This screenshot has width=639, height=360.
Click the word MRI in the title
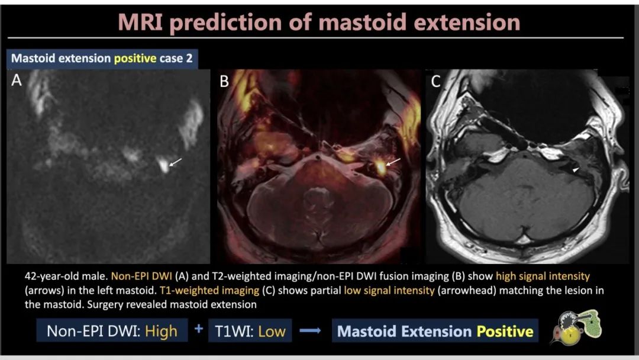pos(140,22)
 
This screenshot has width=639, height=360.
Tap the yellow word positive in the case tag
pos(135,58)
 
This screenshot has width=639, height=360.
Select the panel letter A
pos(17,81)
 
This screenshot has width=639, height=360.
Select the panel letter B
pos(224,82)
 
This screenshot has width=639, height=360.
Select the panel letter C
pos(435,82)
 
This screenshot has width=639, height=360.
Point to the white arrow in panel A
pos(175,162)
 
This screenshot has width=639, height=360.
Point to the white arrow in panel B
pos(393,162)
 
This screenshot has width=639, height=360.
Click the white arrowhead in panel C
pos(576,169)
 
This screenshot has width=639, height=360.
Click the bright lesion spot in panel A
pos(163,165)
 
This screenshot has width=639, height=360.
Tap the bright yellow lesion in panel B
pos(380,167)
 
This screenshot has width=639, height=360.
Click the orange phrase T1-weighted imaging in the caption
pos(209,291)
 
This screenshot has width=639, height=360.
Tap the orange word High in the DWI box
pos(161,331)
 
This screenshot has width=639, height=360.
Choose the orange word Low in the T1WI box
pos(272,332)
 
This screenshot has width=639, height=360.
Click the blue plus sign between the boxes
pos(198,329)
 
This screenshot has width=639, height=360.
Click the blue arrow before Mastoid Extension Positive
pos(310,330)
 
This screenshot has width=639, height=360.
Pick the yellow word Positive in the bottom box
pos(505,332)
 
